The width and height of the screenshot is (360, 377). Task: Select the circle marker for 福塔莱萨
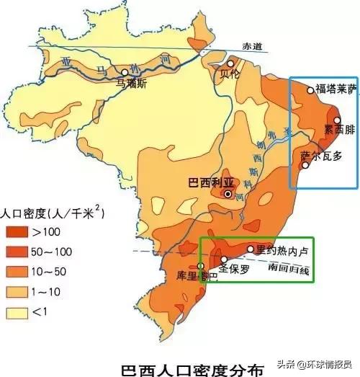click(310, 90)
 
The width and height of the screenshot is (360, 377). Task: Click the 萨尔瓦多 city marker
click(305, 165)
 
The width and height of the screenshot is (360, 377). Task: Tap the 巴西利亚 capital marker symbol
click(228, 194)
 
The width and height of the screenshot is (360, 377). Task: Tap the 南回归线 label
click(288, 270)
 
